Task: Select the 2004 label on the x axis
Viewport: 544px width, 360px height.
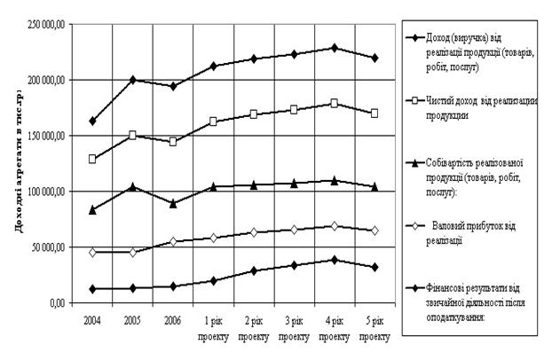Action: pyautogui.click(x=93, y=316)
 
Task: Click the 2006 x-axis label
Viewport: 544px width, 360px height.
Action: pyautogui.click(x=173, y=316)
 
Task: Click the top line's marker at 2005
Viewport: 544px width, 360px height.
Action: pyautogui.click(x=133, y=80)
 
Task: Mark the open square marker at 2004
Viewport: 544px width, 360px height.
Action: pyautogui.click(x=93, y=159)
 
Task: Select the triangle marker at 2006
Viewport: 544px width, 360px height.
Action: pyautogui.click(x=173, y=203)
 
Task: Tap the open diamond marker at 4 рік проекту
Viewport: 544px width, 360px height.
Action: pyautogui.click(x=334, y=226)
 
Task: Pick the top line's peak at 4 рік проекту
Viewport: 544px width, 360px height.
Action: pyautogui.click(x=334, y=47)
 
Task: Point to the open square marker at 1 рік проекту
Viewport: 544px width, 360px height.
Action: pyautogui.click(x=213, y=121)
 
